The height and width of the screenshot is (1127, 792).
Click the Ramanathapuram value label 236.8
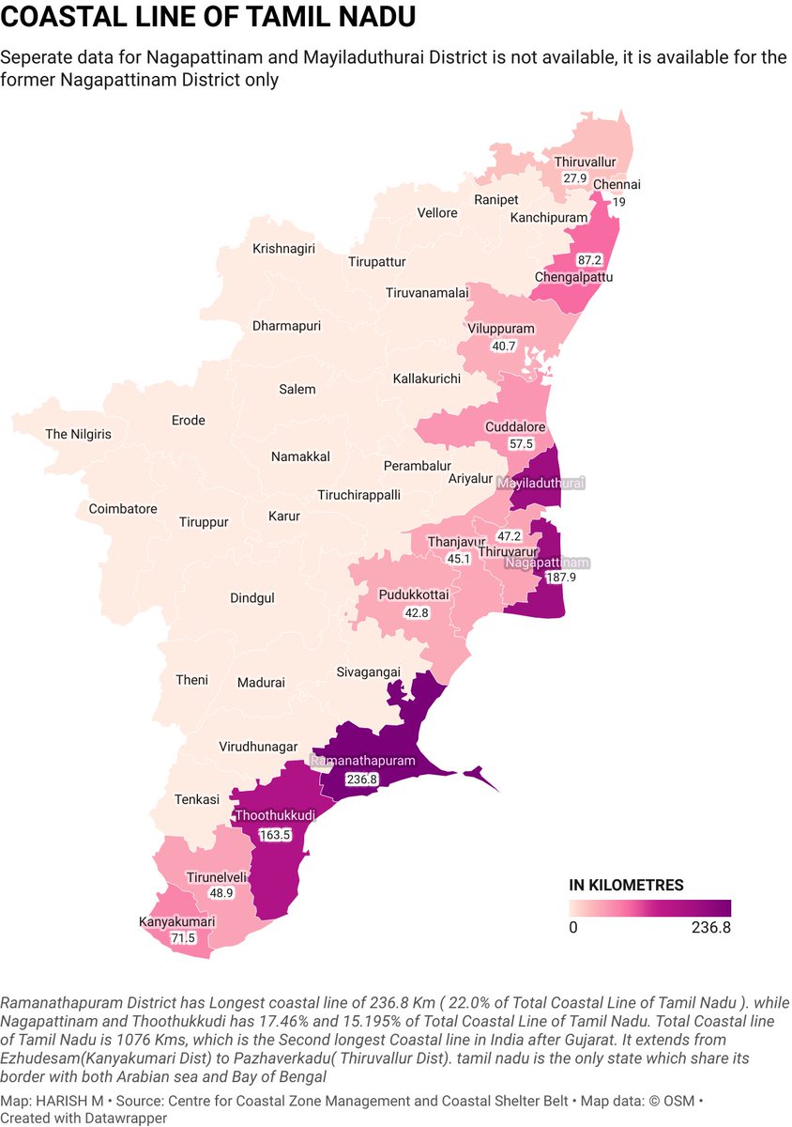[x=362, y=779]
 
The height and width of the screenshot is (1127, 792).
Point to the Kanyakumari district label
[x=177, y=921]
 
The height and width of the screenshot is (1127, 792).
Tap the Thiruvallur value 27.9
[x=575, y=178]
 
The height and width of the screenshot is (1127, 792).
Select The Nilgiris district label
[x=79, y=434]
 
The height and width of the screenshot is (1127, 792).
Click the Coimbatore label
[x=123, y=508]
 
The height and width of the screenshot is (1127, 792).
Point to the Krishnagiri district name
[x=283, y=249]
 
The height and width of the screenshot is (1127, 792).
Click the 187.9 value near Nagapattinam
[x=560, y=577]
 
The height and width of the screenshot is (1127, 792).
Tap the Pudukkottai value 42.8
[x=416, y=612]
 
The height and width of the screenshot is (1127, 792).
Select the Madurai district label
[x=261, y=683]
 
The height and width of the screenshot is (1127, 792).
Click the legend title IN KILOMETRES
[x=626, y=885]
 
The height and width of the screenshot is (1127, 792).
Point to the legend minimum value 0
[x=572, y=928]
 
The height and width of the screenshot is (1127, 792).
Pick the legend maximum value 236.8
[x=709, y=928]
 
